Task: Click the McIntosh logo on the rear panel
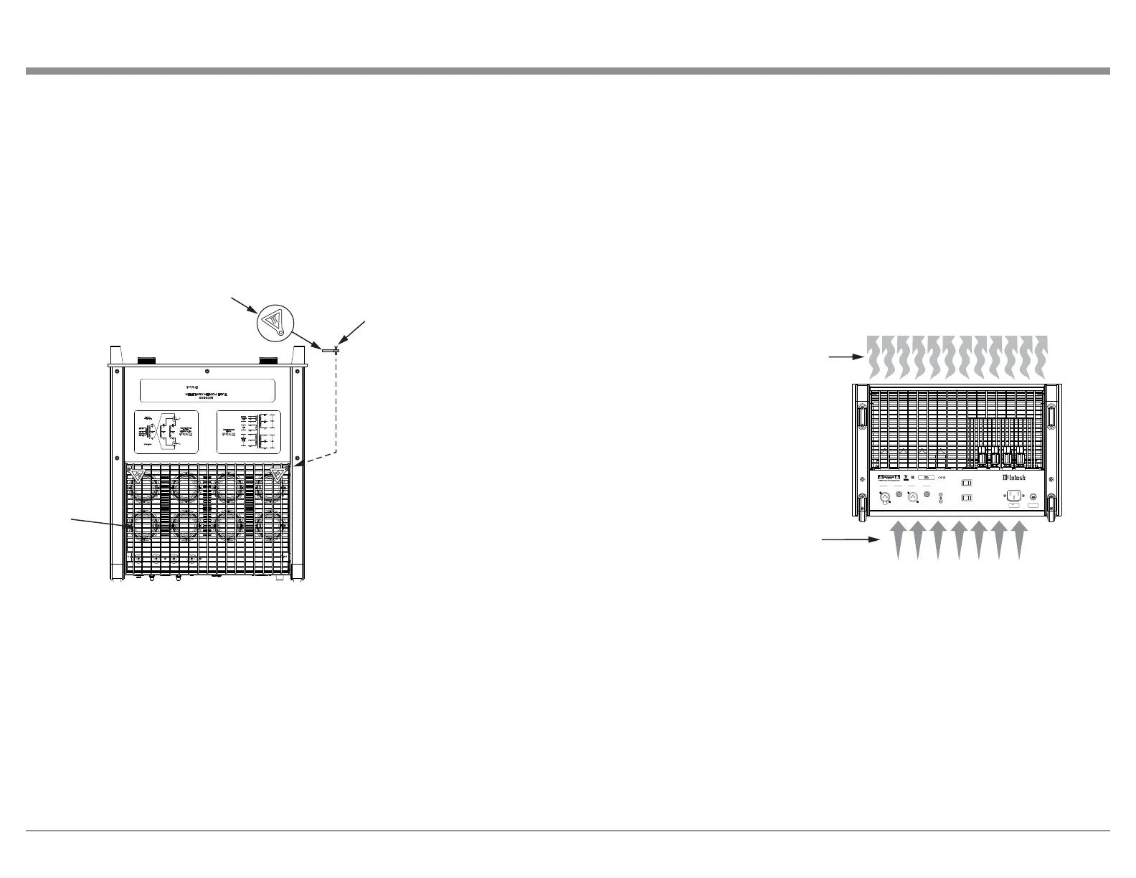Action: coord(1013,478)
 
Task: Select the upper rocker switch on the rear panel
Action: coord(966,483)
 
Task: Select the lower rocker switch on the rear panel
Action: coord(966,498)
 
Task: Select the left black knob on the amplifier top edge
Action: coord(148,360)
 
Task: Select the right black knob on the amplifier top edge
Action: coord(268,360)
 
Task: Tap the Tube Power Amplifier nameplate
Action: coord(207,390)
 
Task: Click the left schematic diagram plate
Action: coord(166,432)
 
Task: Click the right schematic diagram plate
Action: coord(248,432)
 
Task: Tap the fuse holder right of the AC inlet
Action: coord(1032,495)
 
